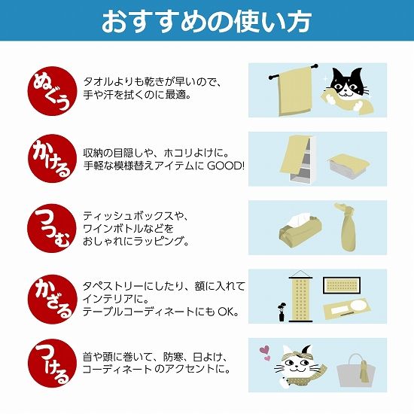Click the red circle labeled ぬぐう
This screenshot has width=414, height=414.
pos(52,91)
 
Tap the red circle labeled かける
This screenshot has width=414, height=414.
pos(52,158)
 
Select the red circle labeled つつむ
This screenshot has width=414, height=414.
pos(52,228)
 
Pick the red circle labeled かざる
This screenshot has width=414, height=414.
pos(52,299)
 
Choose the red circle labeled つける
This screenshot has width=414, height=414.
pos(52,364)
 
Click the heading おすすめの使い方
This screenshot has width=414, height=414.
pos(207,21)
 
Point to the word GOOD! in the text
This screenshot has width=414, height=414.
pos(226,166)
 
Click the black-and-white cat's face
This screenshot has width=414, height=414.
pos(346,83)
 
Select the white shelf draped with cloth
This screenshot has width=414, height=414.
pos(302,160)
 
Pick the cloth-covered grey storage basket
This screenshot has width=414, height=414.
pos(348,165)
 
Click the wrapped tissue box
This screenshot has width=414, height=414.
pos(300,229)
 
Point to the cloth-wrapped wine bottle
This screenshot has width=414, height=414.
pos(346,227)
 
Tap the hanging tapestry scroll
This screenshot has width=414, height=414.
pos(300,297)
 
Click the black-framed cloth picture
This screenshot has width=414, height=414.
pos(342,285)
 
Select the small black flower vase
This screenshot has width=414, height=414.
pos(282,312)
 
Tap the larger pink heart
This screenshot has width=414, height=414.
pos(264,350)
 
